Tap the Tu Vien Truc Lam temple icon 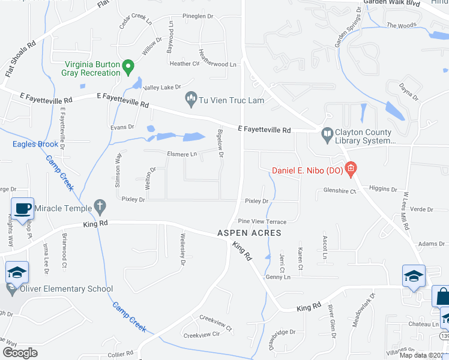(191, 98)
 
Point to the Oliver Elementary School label (67, 289)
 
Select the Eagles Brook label (36, 144)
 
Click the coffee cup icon (23, 209)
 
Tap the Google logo (20, 352)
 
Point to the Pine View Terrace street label (262, 221)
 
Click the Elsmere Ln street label (181, 154)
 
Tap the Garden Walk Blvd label (391, 3)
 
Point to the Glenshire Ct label (340, 191)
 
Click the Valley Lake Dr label (161, 88)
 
